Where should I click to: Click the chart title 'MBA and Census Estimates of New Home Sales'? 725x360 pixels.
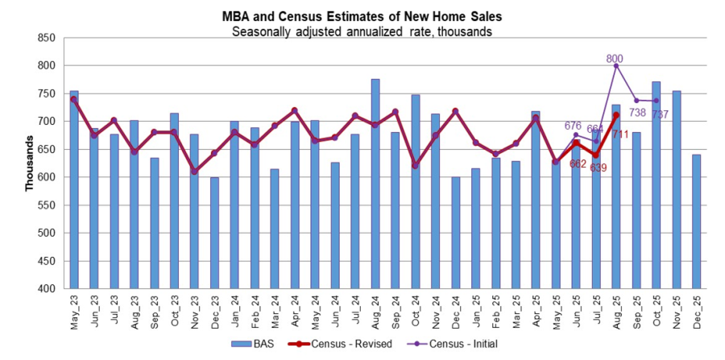(x=362, y=16)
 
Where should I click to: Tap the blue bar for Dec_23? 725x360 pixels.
(x=215, y=233)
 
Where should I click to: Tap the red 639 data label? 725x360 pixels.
(x=599, y=168)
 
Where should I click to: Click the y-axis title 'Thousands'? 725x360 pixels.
(x=29, y=163)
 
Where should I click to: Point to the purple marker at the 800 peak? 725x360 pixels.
(x=615, y=66)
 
